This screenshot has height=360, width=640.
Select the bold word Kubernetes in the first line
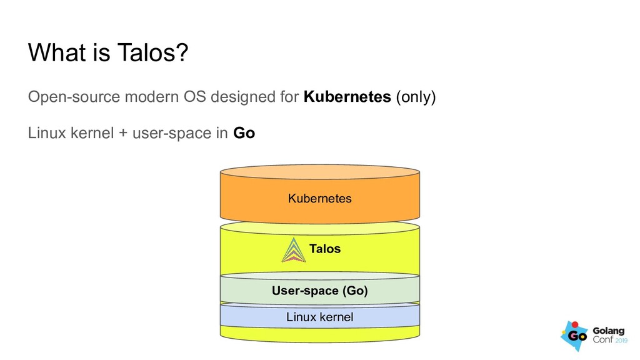[x=347, y=97]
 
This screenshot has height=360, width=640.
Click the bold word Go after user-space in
[x=244, y=134]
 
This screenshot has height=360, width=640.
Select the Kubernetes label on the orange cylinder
[x=319, y=199]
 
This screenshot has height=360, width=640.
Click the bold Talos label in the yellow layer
[x=325, y=249]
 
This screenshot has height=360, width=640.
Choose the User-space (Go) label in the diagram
[x=319, y=291]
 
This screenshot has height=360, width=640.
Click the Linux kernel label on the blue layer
[x=319, y=317]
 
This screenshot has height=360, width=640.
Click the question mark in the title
[x=182, y=54]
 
